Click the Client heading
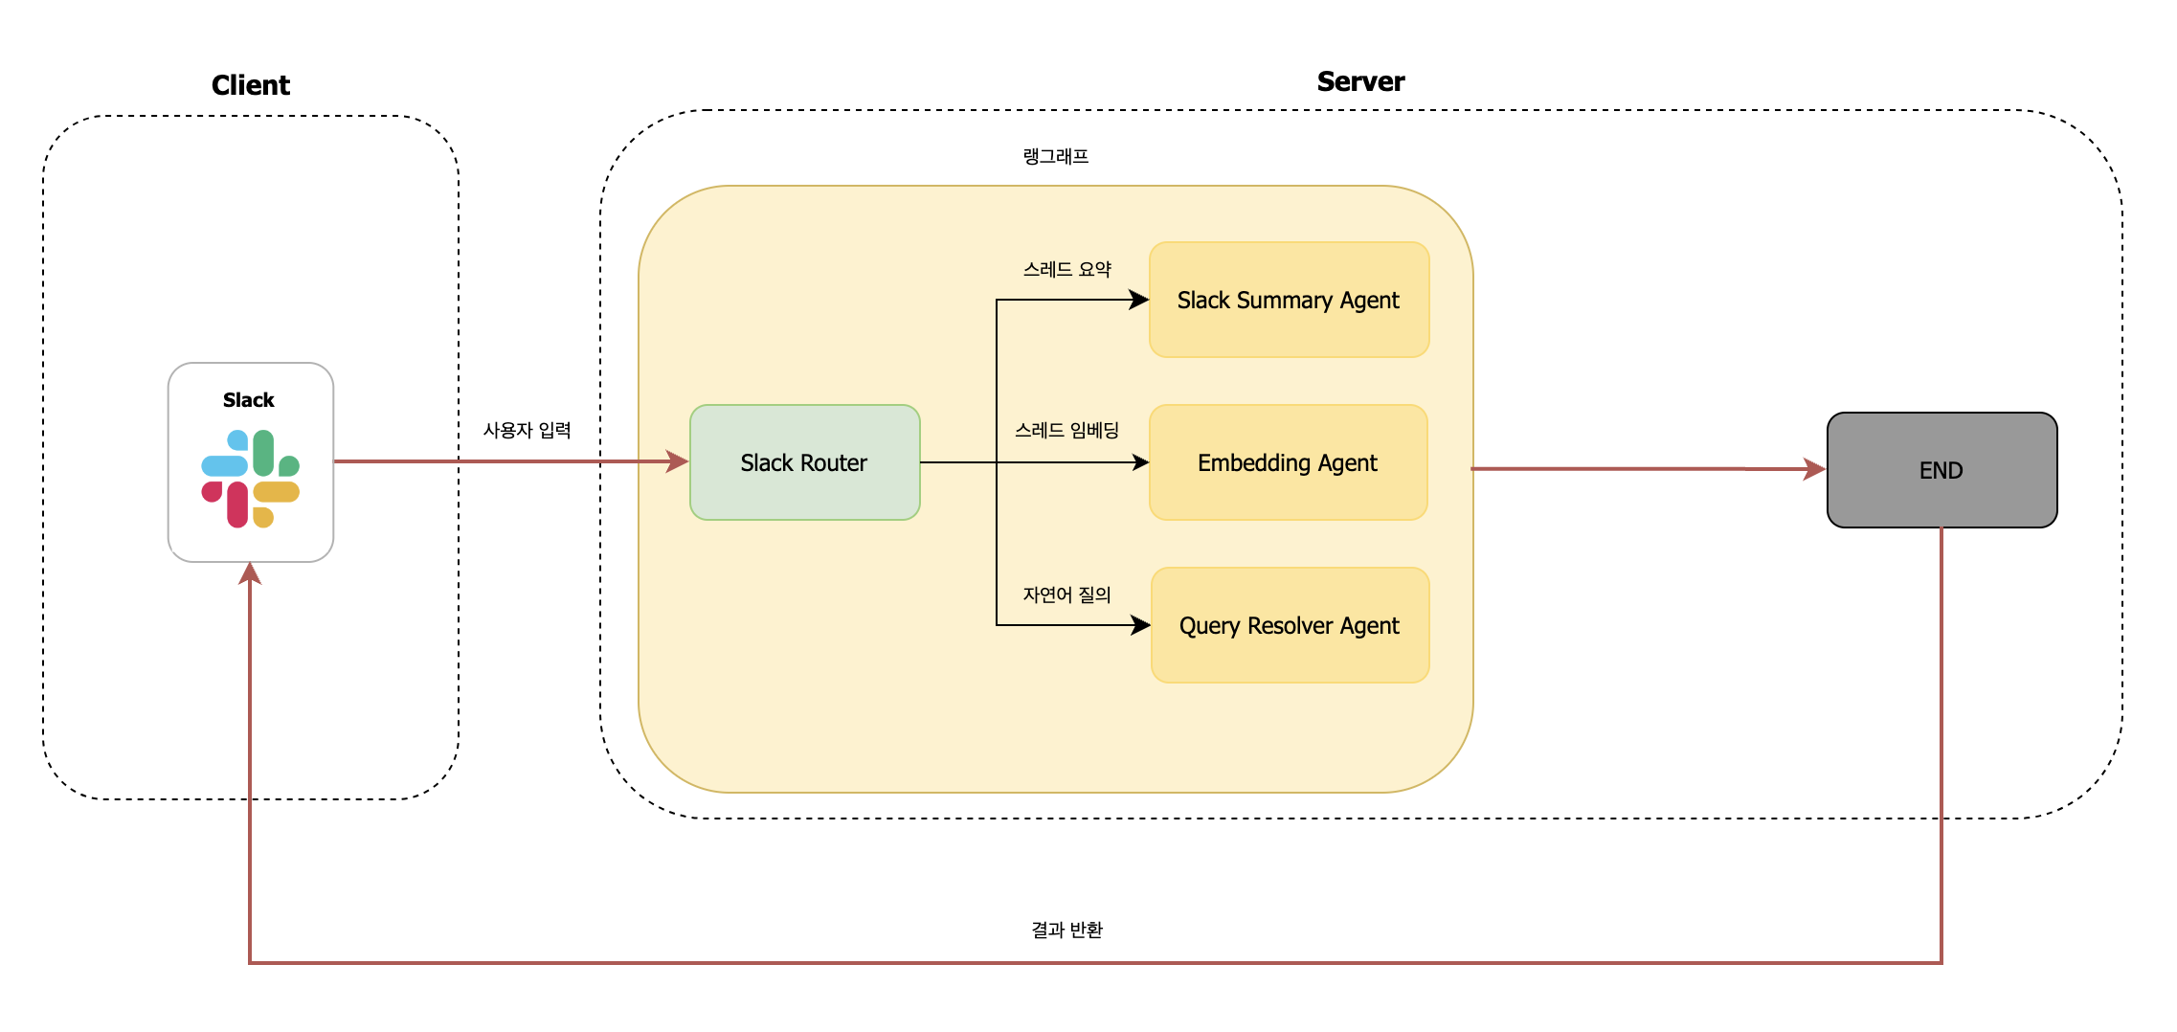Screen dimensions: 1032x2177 (250, 85)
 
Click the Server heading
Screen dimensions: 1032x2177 (1359, 82)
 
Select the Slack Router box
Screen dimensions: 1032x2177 (804, 462)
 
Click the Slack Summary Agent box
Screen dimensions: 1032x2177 (1289, 300)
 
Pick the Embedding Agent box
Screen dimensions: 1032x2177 (1288, 462)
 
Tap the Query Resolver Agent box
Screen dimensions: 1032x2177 (1289, 625)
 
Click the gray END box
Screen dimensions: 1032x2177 (1941, 470)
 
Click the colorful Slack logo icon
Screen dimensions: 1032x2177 (251, 479)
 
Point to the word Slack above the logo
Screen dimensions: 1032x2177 (249, 400)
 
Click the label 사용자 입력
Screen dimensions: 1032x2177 (527, 430)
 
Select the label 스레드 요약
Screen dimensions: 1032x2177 (1066, 269)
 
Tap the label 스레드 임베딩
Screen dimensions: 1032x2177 (1066, 430)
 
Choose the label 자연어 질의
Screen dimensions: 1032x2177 (1066, 595)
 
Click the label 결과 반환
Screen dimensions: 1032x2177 (1066, 930)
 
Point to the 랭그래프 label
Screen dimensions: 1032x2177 (1055, 156)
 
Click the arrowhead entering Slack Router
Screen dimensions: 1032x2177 (678, 462)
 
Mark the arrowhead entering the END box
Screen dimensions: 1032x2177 (1814, 469)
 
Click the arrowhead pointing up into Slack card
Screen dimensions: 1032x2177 (250, 573)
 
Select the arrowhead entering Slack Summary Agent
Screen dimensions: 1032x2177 (1139, 300)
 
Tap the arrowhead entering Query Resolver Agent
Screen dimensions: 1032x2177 (1140, 625)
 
